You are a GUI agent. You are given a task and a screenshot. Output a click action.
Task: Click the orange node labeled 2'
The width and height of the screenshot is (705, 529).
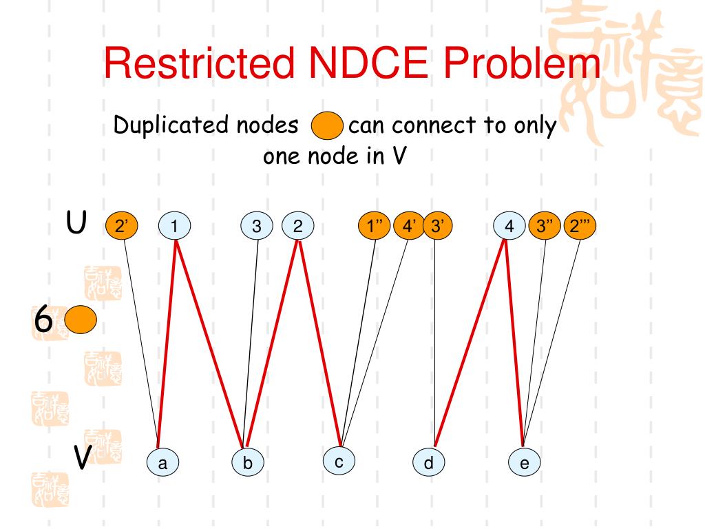pyautogui.click(x=122, y=226)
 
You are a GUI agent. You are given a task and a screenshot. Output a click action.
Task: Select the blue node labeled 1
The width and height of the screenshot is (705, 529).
pyautogui.click(x=175, y=226)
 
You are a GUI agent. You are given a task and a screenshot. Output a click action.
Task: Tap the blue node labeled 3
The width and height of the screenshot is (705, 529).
pyautogui.click(x=257, y=226)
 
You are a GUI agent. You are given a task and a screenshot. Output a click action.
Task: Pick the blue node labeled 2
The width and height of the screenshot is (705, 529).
pyautogui.click(x=298, y=226)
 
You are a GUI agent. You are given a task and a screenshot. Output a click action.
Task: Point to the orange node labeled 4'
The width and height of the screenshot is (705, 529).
pyautogui.click(x=410, y=226)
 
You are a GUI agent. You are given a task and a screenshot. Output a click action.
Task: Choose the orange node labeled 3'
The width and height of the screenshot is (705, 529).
pyautogui.click(x=436, y=226)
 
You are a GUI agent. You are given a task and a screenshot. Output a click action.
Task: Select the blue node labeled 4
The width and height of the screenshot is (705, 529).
pyautogui.click(x=510, y=226)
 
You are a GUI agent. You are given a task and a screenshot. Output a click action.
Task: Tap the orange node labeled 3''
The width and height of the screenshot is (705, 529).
pyautogui.click(x=545, y=226)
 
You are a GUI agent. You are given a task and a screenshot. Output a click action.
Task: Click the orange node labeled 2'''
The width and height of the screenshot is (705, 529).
pyautogui.click(x=579, y=226)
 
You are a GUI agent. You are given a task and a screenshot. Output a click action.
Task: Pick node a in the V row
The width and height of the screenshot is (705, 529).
pyautogui.click(x=162, y=463)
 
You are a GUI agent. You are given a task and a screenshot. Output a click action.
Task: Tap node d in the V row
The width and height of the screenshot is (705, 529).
pyautogui.click(x=429, y=463)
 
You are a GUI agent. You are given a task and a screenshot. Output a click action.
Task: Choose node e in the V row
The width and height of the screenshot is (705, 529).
pyautogui.click(x=525, y=463)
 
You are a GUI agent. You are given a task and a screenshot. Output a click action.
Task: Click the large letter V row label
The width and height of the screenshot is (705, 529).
pyautogui.click(x=82, y=457)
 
